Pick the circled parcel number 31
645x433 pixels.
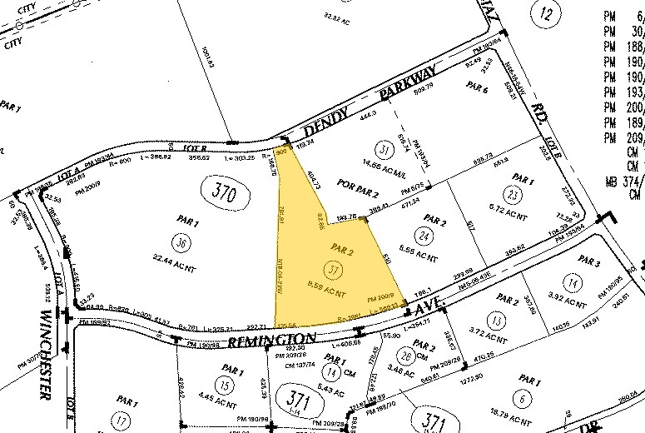click(384, 150)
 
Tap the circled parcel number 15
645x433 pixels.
click(222, 384)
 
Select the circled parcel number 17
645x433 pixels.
click(122, 421)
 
